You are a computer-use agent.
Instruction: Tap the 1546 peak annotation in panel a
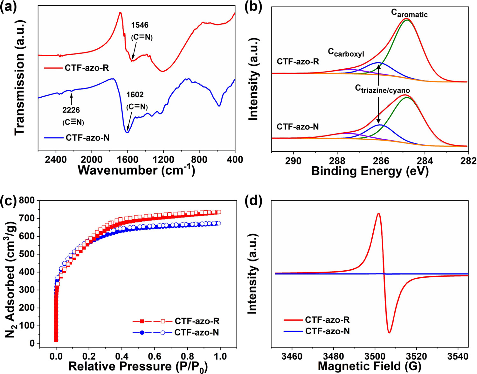point(140,25)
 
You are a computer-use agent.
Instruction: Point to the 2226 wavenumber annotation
point(71,110)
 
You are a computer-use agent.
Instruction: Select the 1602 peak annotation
point(135,95)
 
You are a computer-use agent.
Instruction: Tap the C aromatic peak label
point(409,13)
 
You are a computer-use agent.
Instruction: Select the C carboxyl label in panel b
point(346,53)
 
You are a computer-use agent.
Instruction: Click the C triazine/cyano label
point(382,89)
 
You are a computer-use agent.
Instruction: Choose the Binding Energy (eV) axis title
point(370,171)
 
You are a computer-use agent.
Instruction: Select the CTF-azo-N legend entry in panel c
point(197,333)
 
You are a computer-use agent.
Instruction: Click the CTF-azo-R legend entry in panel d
point(327,320)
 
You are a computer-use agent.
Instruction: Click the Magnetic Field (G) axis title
point(370,367)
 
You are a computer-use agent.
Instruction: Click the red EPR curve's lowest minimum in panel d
point(389,333)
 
